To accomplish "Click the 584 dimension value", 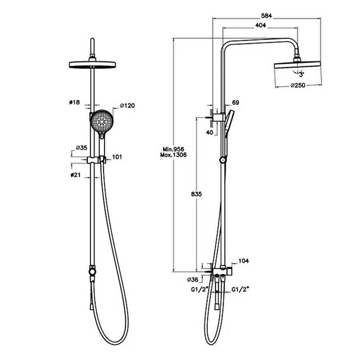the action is pos(266,16).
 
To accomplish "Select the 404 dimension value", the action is pos(260,25).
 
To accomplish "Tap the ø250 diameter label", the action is pos(298,86).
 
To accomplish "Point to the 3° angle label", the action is pos(301,75).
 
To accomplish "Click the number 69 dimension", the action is pos(236,102).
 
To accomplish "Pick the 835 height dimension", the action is pos(196,194).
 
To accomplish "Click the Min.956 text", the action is pos(173,150).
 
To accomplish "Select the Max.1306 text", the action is pos(173,155).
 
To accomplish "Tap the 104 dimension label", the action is pos(244,261).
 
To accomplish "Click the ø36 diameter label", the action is pos(193,280).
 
